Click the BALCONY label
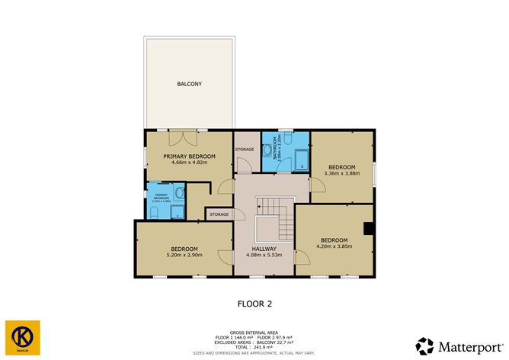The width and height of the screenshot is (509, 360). tap(189, 83)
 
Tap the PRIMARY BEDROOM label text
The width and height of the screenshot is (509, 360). tap(189, 156)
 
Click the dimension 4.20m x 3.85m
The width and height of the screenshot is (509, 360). tap(334, 246)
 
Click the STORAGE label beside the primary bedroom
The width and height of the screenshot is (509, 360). tap(245, 149)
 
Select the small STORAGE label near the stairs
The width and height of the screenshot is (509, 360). tap(219, 214)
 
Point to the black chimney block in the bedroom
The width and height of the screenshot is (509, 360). tap(368, 227)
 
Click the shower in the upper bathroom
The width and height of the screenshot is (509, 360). tap(302, 161)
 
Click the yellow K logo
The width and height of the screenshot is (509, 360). tap(21, 336)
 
